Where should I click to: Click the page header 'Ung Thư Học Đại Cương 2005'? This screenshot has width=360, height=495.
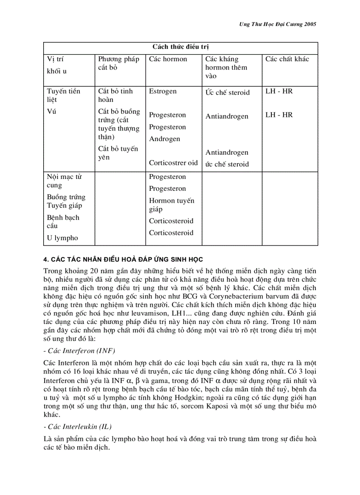tap(274, 25)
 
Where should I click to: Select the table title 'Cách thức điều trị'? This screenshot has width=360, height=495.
tap(180, 47)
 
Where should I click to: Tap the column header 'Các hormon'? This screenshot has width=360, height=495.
tap(168, 59)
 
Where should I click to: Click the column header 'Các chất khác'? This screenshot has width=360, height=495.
tap(287, 59)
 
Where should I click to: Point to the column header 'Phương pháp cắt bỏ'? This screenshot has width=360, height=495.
tap(118, 63)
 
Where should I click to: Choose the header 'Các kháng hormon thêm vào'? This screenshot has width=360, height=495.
tap(226, 67)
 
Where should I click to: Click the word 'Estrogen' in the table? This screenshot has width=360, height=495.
tap(162, 91)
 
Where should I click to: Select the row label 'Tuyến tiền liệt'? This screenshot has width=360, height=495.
tap(64, 95)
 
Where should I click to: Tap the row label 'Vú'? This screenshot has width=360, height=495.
tap(52, 112)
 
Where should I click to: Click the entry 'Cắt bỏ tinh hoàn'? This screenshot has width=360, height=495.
tap(115, 95)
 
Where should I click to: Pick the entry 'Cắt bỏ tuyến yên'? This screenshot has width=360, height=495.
tap(118, 153)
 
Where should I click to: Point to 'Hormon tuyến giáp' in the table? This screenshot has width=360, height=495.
tap(171, 205)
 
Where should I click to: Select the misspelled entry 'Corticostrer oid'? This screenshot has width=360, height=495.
tap(173, 163)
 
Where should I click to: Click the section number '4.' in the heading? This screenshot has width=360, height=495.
tap(46, 259)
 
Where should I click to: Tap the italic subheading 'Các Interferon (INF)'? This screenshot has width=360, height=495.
tap(79, 350)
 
